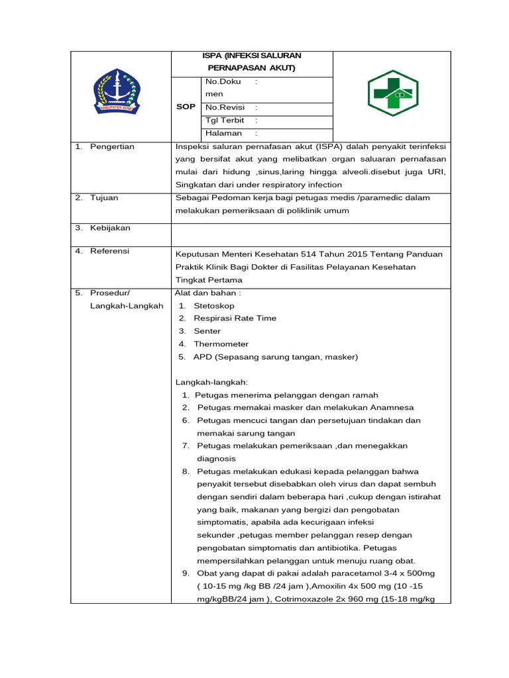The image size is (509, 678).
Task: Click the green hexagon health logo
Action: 392,93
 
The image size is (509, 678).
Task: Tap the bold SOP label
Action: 186,107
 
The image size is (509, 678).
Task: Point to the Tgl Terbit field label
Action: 225,121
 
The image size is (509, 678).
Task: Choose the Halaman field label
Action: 223,133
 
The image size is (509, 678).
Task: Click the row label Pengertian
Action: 112,146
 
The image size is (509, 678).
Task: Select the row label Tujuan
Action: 104,197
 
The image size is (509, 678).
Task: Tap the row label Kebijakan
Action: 110,228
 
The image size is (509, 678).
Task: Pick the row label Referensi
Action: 110,251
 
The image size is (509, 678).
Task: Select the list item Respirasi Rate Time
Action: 235,318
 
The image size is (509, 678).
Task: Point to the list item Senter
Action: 207,331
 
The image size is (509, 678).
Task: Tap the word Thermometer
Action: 221,344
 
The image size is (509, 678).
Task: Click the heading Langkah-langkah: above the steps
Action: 211,382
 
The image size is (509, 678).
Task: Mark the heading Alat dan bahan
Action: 207,292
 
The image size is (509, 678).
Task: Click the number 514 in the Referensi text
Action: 314,254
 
